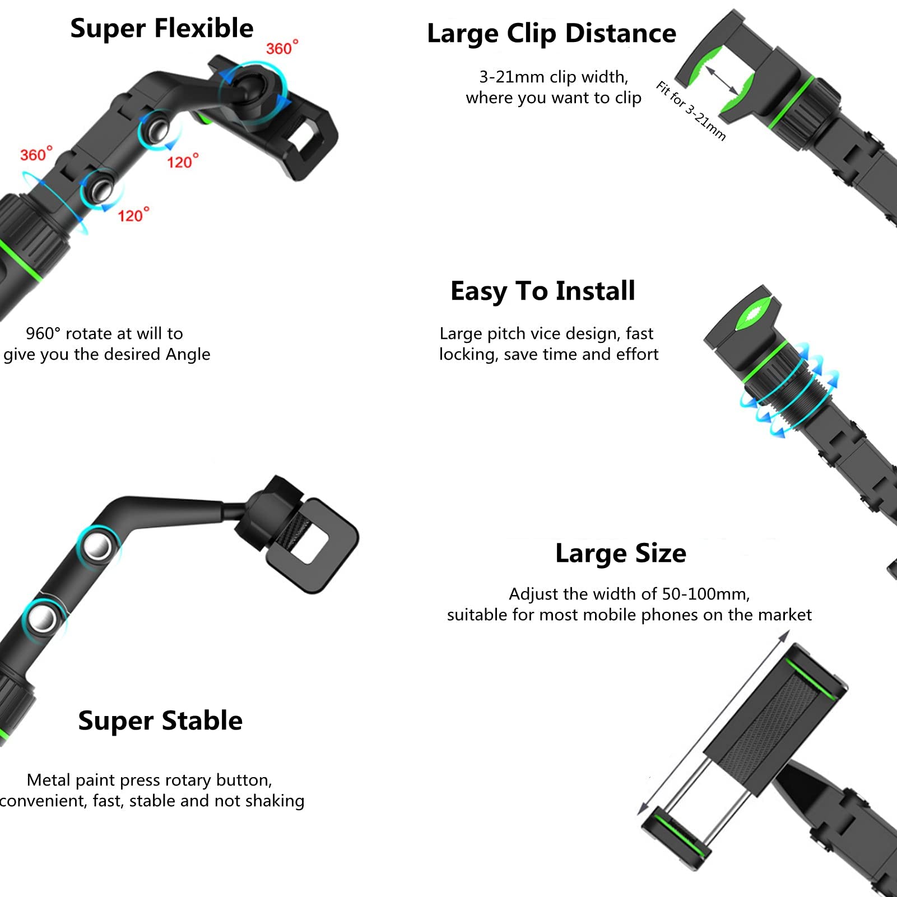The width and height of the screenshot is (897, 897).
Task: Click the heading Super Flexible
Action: tap(162, 28)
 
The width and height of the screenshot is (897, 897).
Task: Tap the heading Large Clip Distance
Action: tap(552, 34)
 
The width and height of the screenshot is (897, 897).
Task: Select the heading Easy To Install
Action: tap(543, 291)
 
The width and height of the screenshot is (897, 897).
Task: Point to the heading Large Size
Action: tap(621, 554)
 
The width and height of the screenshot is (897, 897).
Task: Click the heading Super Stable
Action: tap(160, 721)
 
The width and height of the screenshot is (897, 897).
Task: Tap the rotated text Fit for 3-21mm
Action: tap(691, 111)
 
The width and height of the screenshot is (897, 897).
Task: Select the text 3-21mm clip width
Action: tap(554, 77)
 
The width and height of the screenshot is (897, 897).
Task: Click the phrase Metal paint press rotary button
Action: tap(150, 780)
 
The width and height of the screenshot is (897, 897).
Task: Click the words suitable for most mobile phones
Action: tap(573, 615)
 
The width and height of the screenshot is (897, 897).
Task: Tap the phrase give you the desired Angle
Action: tap(106, 355)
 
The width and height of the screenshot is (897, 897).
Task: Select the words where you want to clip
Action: tap(554, 98)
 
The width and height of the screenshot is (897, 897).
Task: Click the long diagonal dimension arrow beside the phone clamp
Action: tap(714, 723)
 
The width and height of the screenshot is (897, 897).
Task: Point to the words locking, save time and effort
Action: tap(549, 355)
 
